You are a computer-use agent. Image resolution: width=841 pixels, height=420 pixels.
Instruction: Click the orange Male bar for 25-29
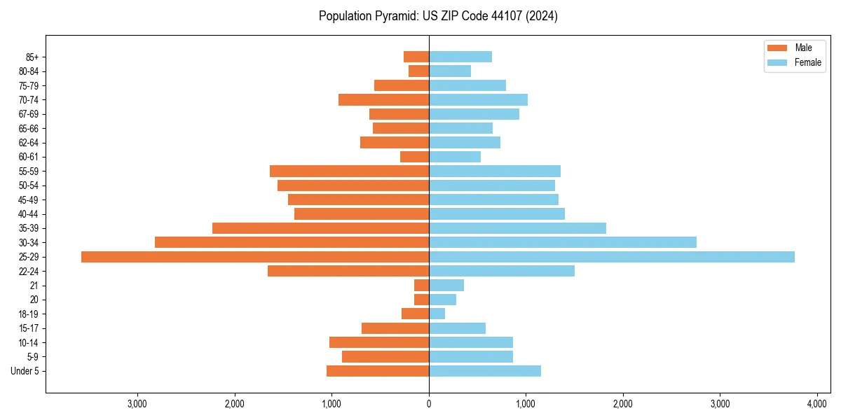tap(255, 257)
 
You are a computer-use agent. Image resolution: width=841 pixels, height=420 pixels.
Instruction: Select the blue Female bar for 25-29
tap(611, 257)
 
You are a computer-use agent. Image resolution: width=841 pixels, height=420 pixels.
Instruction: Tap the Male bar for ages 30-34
tap(292, 242)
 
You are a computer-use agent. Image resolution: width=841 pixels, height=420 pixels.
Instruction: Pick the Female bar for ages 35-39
tap(517, 228)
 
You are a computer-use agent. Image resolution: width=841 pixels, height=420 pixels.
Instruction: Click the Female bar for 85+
tap(460, 57)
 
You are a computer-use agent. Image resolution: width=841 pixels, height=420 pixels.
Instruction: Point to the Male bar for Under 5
tap(378, 371)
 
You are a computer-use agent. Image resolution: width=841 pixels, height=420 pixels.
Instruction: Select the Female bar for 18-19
tap(437, 314)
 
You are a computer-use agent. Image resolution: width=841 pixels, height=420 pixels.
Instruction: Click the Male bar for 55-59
tap(349, 171)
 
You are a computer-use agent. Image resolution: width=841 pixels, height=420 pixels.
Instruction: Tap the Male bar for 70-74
tap(383, 99)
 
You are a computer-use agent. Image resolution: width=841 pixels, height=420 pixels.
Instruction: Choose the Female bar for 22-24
tap(501, 271)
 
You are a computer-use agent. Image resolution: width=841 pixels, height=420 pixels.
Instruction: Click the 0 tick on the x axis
tap(429, 404)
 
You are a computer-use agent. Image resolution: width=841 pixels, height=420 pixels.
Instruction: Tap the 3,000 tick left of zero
tap(137, 404)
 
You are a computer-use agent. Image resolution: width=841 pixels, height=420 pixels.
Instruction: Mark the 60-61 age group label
tap(29, 157)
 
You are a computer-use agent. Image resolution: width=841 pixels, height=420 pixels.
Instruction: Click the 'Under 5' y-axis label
tap(25, 371)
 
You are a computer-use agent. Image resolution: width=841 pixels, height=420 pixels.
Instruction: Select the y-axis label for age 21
tap(34, 286)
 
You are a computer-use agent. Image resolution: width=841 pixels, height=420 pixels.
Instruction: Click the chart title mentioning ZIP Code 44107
tap(438, 16)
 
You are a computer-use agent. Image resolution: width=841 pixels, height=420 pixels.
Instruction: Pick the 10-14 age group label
tap(29, 342)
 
